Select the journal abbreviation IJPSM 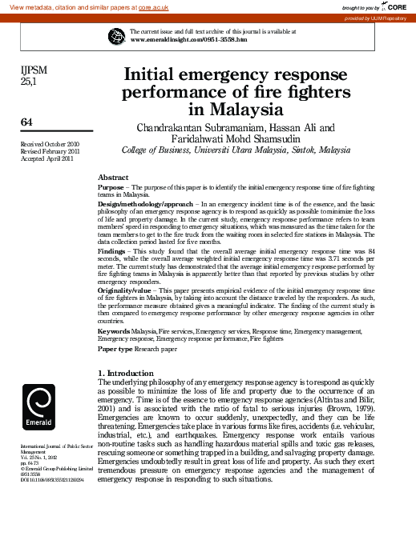pos(34,70)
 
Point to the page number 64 pos(26,121)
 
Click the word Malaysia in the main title pos(236,109)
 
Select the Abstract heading pos(113,177)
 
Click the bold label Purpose pos(111,186)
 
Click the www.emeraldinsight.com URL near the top pos(188,38)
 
